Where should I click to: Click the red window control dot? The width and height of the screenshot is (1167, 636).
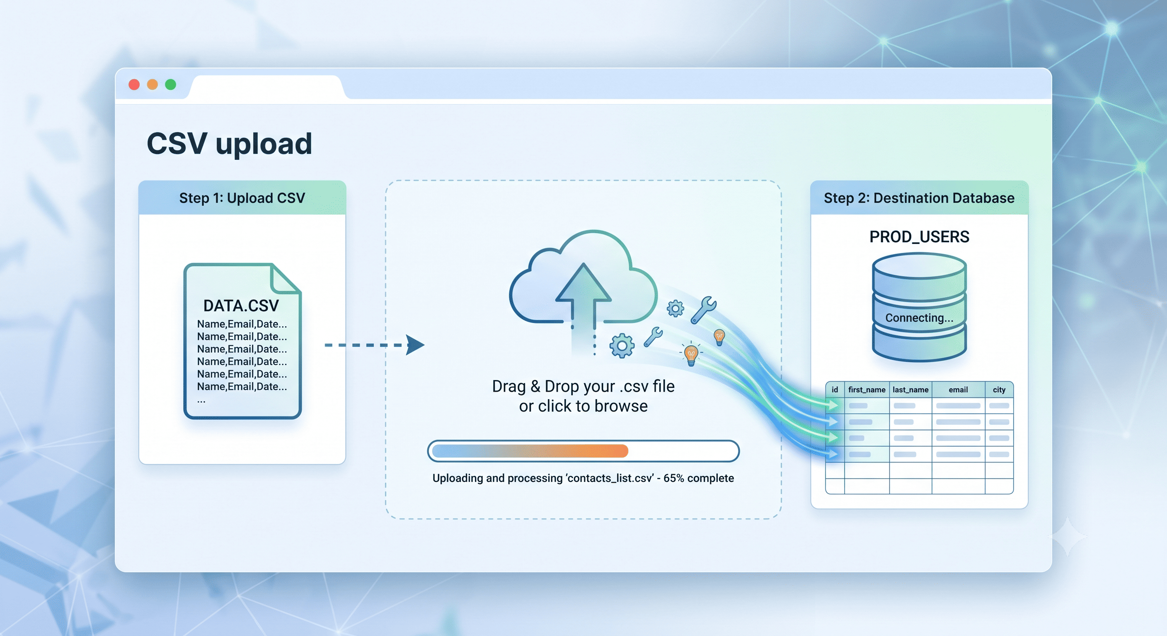tap(134, 84)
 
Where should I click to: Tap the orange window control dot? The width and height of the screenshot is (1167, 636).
tap(152, 84)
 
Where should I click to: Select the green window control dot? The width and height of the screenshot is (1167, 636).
tap(170, 84)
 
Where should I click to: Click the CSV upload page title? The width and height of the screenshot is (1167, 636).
tap(229, 145)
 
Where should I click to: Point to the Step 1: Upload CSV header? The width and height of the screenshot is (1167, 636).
tap(242, 198)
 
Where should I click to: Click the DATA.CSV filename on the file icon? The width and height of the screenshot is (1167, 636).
tap(241, 306)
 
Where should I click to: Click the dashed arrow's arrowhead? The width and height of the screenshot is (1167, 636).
tap(414, 345)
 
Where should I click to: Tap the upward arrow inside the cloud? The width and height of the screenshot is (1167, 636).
tap(583, 299)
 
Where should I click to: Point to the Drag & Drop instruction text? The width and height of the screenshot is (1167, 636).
tap(583, 396)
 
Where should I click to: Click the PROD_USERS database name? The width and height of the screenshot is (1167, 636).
tap(919, 237)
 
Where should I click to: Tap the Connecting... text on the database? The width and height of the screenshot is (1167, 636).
tap(919, 318)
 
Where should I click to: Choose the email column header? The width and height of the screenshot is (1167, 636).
tap(958, 390)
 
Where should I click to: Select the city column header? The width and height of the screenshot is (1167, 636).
tap(999, 390)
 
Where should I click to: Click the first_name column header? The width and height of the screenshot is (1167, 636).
tap(867, 390)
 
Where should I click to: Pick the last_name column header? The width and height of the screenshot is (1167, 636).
tap(910, 390)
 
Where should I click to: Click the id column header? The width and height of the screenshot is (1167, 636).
tap(835, 390)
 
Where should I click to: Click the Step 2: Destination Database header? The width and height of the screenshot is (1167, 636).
tap(919, 198)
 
